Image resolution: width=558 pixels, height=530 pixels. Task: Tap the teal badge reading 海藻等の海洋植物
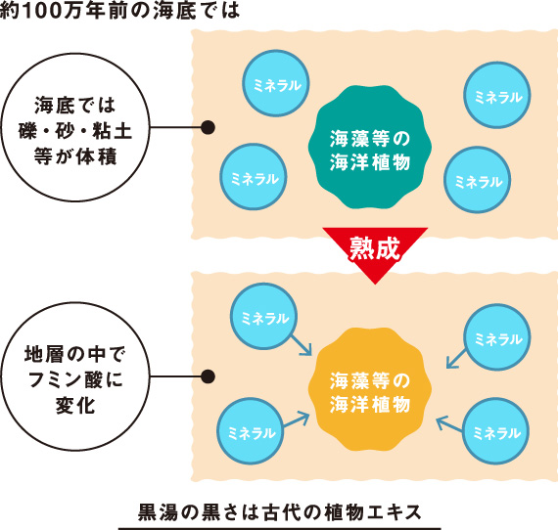(x=370, y=147)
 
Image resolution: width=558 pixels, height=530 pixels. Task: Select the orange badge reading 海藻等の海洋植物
(x=370, y=389)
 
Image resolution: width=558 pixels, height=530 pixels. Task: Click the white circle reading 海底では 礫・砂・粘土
(x=75, y=127)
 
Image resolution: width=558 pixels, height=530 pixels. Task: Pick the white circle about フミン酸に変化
(x=75, y=376)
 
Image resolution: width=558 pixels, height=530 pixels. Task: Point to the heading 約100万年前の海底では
(x=120, y=10)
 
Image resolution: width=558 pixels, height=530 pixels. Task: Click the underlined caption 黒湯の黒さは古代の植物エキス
(x=279, y=512)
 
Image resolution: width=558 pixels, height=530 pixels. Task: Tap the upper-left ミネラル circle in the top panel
(x=276, y=83)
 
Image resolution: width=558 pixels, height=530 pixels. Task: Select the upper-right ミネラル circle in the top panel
(x=497, y=95)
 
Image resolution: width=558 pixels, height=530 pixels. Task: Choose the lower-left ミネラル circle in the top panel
(x=254, y=177)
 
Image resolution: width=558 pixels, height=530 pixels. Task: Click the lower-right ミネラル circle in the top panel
(x=477, y=180)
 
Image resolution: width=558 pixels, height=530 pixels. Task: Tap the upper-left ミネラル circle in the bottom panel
(x=264, y=317)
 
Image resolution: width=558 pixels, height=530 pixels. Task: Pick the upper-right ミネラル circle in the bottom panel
(x=497, y=337)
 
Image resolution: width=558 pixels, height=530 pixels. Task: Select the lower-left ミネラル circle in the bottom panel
(x=251, y=431)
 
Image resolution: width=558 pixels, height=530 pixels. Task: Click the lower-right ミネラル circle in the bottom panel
(x=495, y=431)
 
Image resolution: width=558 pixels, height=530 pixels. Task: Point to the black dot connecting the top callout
(x=208, y=127)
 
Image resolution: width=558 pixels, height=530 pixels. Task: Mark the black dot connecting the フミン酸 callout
(x=208, y=376)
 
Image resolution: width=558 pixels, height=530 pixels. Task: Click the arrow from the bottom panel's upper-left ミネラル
(x=302, y=345)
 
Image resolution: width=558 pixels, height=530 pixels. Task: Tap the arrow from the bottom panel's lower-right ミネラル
(x=449, y=424)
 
